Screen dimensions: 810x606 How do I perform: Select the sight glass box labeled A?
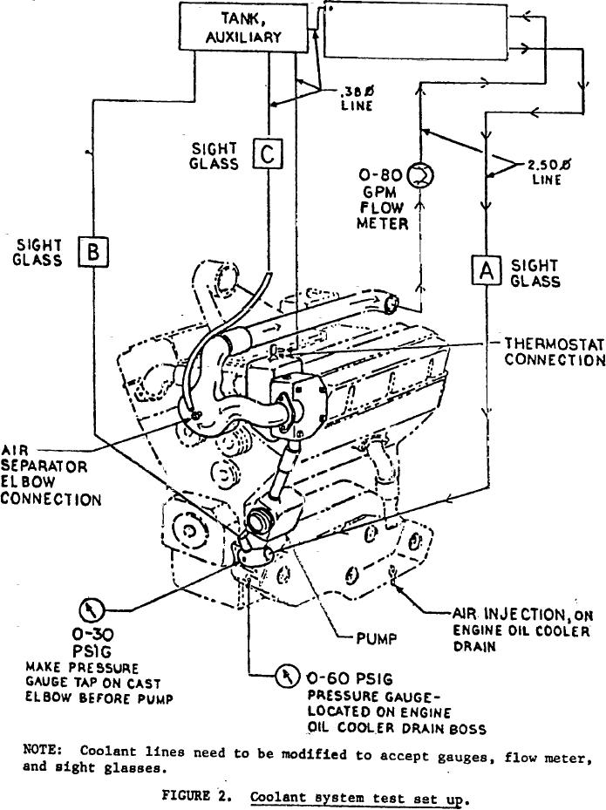485,269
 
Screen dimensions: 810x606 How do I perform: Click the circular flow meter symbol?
419,176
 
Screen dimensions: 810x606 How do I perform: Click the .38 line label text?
352,98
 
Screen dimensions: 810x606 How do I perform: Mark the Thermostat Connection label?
554,351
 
